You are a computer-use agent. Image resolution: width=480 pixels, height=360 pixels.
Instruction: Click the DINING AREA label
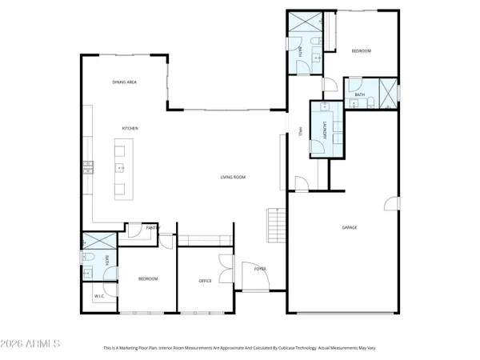point(125,82)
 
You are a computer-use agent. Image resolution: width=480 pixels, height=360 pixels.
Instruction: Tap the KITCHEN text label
point(130,128)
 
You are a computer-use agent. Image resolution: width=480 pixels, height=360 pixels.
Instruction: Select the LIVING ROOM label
point(233,178)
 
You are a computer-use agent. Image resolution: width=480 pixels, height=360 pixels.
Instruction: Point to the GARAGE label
point(350,228)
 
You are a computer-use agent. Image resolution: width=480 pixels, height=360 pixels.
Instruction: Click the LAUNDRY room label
point(325,133)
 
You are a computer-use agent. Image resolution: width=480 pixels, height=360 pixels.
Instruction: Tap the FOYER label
point(260,269)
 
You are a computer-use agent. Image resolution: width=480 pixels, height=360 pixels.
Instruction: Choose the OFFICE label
point(205,281)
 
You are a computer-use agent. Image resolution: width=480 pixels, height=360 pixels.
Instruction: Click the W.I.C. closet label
point(100,297)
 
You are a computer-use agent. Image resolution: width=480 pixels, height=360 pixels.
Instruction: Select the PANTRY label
point(153,227)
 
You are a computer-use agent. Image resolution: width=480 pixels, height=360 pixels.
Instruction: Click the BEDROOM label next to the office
point(148,278)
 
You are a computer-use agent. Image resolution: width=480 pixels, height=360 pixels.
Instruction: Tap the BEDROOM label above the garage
point(361,50)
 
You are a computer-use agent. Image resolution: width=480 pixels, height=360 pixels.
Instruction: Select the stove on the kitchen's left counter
point(87,167)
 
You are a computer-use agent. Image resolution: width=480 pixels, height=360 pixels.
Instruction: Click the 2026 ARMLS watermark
point(31,344)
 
